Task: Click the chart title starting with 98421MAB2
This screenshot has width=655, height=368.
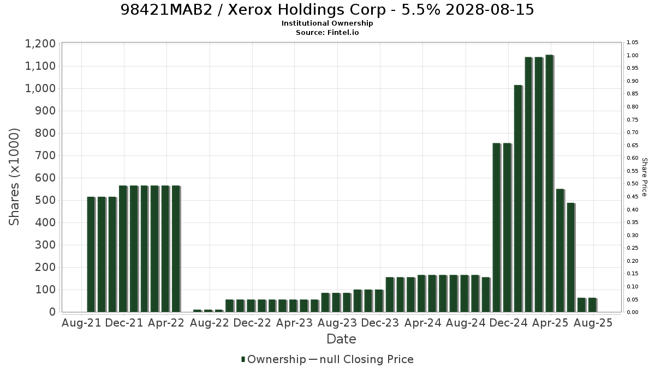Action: [327, 10]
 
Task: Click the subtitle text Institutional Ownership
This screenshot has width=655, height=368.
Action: [327, 23]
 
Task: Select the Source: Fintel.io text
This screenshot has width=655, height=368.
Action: [327, 32]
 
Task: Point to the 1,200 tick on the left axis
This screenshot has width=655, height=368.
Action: [40, 44]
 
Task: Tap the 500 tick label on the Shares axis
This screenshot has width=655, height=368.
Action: [45, 201]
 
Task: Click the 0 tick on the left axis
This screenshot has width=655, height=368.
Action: [52, 312]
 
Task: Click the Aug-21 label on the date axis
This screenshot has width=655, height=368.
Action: [81, 323]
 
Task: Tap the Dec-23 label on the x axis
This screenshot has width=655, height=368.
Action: [380, 323]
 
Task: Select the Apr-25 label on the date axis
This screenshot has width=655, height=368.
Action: [551, 323]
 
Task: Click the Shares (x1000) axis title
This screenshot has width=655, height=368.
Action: [14, 177]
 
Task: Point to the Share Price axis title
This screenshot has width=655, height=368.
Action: [644, 177]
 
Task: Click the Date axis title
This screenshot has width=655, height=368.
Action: [341, 339]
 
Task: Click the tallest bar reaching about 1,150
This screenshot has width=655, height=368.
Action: [550, 183]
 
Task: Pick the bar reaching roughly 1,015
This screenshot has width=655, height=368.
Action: [518, 198]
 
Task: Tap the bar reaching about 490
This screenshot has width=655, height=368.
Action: [571, 257]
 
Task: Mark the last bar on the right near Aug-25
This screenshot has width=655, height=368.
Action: [592, 305]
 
